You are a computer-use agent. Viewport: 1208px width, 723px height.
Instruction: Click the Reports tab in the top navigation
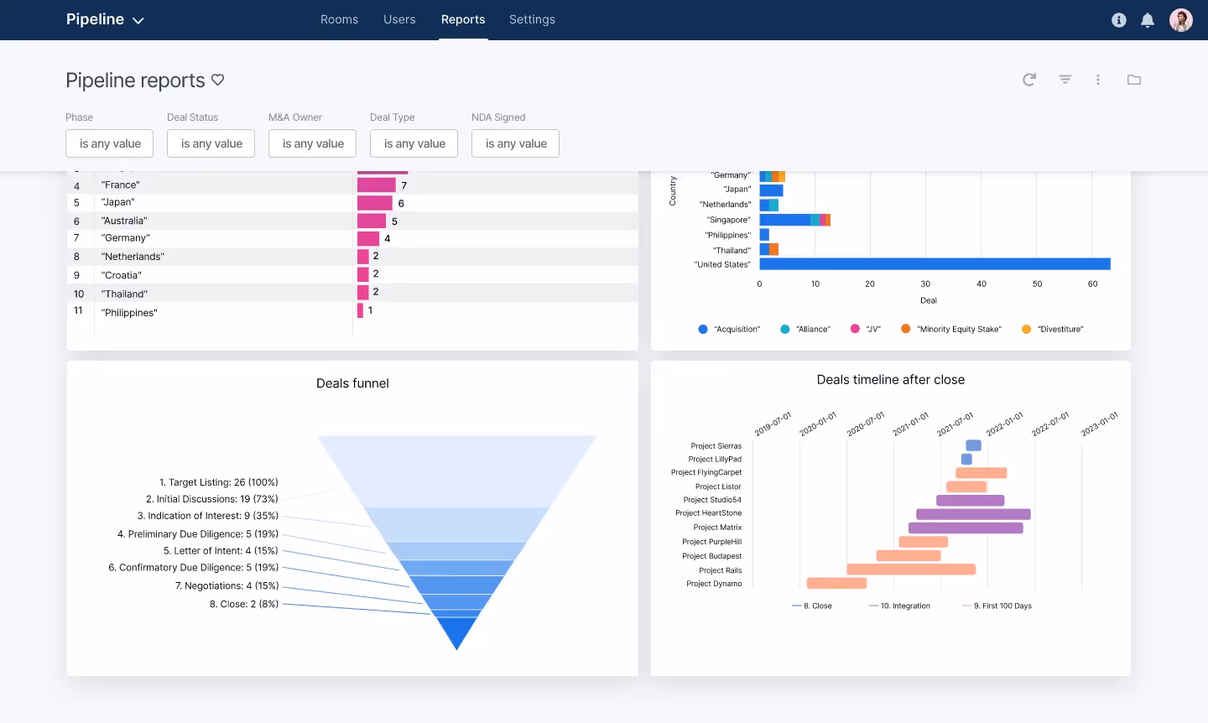pos(463,19)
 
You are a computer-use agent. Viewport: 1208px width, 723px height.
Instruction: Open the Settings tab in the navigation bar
pos(532,19)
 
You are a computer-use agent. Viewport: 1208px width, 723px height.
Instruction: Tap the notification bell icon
pos(1148,20)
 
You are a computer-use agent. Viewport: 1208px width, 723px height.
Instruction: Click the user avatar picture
pos(1181,20)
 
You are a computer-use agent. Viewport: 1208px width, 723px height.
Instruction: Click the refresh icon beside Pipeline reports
pos(1029,80)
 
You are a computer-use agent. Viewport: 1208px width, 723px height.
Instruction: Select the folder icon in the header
pos(1134,80)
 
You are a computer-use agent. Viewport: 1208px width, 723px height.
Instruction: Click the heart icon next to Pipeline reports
pos(218,80)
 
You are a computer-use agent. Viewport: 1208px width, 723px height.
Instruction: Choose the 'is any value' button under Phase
pos(110,143)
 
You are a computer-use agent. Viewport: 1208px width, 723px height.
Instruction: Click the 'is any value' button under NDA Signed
pos(516,143)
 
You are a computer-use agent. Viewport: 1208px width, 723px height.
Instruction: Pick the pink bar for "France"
pos(376,185)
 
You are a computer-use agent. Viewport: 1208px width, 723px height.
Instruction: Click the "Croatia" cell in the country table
pos(122,275)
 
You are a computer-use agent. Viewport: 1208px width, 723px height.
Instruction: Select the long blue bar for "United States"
pos(935,264)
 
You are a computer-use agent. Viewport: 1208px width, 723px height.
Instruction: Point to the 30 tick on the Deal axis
pos(925,284)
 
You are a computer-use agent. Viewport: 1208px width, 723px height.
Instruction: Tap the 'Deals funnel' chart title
pos(352,383)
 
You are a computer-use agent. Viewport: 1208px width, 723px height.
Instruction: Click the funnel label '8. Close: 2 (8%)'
pos(244,604)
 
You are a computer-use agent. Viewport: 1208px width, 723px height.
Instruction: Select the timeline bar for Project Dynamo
pos(836,583)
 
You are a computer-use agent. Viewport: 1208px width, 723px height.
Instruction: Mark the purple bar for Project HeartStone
pos(973,514)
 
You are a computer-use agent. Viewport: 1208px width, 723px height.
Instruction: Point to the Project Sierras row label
pos(716,446)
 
